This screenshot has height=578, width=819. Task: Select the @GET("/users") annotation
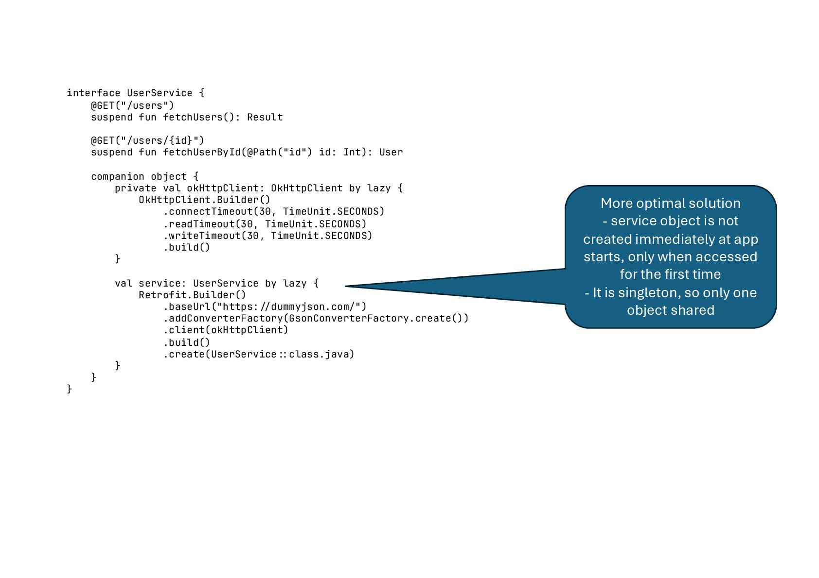coord(132,105)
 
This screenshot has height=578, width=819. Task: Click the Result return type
coord(265,117)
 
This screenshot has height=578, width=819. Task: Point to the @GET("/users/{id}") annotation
coord(147,140)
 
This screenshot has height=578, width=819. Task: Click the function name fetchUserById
coord(202,152)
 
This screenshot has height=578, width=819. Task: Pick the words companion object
coord(139,176)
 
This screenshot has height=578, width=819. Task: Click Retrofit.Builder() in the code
coord(192,295)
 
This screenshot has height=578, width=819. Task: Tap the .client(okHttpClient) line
coord(226,330)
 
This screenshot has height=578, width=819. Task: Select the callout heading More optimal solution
coord(670,203)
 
